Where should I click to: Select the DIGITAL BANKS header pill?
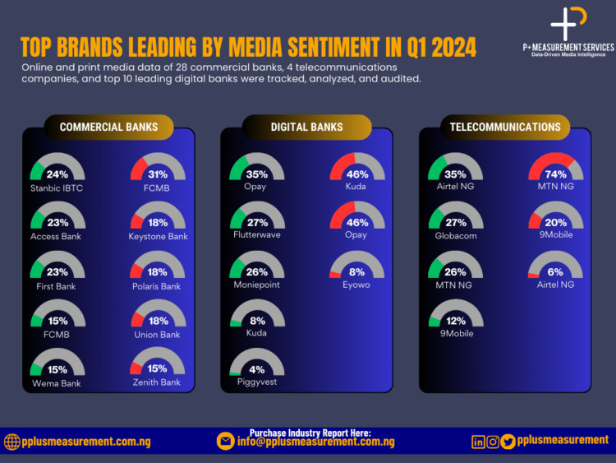point(306,127)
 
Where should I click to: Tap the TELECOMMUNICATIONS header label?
point(505,127)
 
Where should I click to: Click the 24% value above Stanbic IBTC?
point(57,174)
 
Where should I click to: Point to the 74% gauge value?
point(555,174)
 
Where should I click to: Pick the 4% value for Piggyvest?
point(257,369)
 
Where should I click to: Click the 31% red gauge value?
point(158,174)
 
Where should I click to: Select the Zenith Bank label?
point(158,383)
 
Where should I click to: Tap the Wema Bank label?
point(57,383)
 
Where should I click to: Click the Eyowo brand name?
point(356,285)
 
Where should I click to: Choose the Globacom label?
point(455,236)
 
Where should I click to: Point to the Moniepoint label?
point(257,285)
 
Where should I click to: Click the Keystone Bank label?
point(158,236)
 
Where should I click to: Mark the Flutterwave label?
point(257,236)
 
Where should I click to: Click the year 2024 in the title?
point(448,47)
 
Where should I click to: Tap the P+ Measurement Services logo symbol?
point(568,22)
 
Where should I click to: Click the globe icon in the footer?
point(11,442)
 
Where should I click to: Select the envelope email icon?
point(225,442)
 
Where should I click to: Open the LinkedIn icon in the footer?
point(478,442)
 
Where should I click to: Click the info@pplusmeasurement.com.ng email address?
point(316,442)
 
